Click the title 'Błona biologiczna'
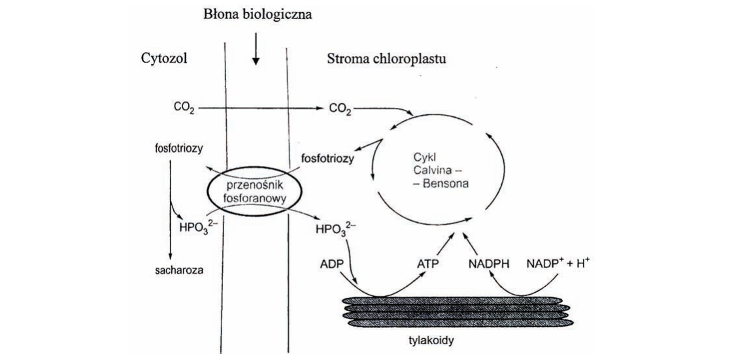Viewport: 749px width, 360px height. point(258,15)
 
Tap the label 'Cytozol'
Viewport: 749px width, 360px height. point(163,58)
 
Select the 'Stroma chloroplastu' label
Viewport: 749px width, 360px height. point(386,59)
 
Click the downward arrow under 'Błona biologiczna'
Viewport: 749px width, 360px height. point(256,48)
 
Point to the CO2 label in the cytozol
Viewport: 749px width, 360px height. point(184,109)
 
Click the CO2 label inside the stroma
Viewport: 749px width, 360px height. point(341,109)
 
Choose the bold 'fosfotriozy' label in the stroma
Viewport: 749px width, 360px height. point(328,158)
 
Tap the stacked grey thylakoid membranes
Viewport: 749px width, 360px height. point(456,312)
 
